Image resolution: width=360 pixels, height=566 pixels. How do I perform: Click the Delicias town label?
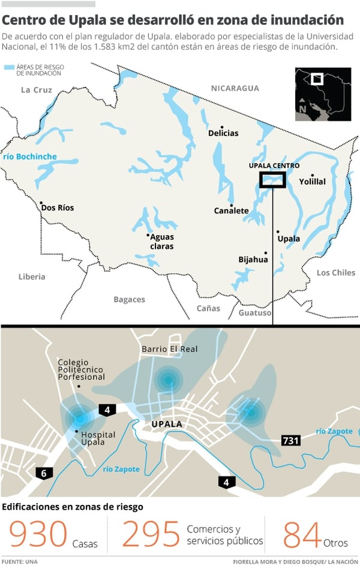(223, 133)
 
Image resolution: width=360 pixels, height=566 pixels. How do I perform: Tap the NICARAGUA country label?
(235, 88)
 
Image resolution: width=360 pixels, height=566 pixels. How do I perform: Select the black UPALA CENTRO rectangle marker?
(272, 180)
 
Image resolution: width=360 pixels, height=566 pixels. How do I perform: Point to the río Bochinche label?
(30, 156)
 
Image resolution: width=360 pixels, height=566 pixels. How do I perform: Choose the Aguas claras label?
(162, 242)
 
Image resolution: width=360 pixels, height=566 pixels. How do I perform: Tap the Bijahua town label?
(253, 260)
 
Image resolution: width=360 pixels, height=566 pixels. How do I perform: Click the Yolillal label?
(313, 182)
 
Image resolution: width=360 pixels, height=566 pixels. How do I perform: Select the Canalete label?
(231, 210)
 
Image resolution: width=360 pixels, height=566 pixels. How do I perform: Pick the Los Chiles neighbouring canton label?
(336, 273)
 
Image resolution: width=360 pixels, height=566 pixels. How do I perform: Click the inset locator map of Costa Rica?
(323, 94)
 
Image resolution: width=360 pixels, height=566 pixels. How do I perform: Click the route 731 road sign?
(290, 441)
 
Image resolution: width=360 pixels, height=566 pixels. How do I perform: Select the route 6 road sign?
(43, 473)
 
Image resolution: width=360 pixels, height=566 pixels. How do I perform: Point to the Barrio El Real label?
(169, 349)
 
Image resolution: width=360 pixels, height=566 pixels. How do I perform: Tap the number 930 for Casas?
(37, 535)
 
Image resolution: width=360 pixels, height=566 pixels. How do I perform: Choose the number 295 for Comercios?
(151, 535)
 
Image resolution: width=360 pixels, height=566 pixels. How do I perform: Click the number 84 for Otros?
(302, 535)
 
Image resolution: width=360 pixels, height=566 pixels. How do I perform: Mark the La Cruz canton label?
(37, 90)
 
